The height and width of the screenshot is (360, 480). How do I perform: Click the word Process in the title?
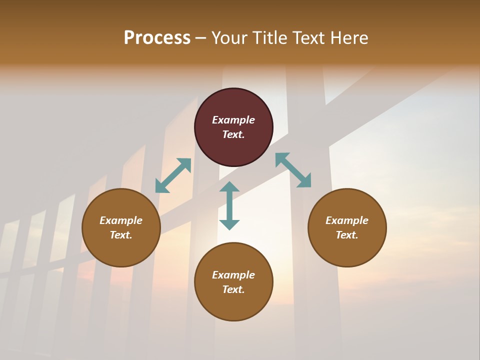click(157, 38)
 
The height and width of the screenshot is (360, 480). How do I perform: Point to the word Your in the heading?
click(230, 38)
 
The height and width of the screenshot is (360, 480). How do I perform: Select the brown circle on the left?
click(121, 250)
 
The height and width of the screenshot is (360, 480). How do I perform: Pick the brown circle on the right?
click(347, 250)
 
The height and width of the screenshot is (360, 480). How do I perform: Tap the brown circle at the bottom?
click(233, 305)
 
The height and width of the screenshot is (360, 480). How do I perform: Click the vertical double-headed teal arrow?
click(229, 205)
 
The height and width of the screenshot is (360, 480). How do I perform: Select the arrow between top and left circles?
click(173, 175)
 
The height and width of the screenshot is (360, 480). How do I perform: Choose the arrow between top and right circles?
click(293, 170)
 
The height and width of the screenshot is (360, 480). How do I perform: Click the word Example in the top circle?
click(233, 120)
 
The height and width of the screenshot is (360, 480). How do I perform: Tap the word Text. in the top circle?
click(233, 134)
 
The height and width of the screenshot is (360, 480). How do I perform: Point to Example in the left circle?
click(121, 220)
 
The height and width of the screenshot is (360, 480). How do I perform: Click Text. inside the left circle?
click(121, 235)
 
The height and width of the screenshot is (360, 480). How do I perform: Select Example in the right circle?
click(347, 220)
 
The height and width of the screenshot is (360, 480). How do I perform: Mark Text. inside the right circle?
click(347, 235)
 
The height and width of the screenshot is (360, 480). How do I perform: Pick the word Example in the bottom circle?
click(233, 275)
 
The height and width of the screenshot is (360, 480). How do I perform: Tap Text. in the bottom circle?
click(233, 289)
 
